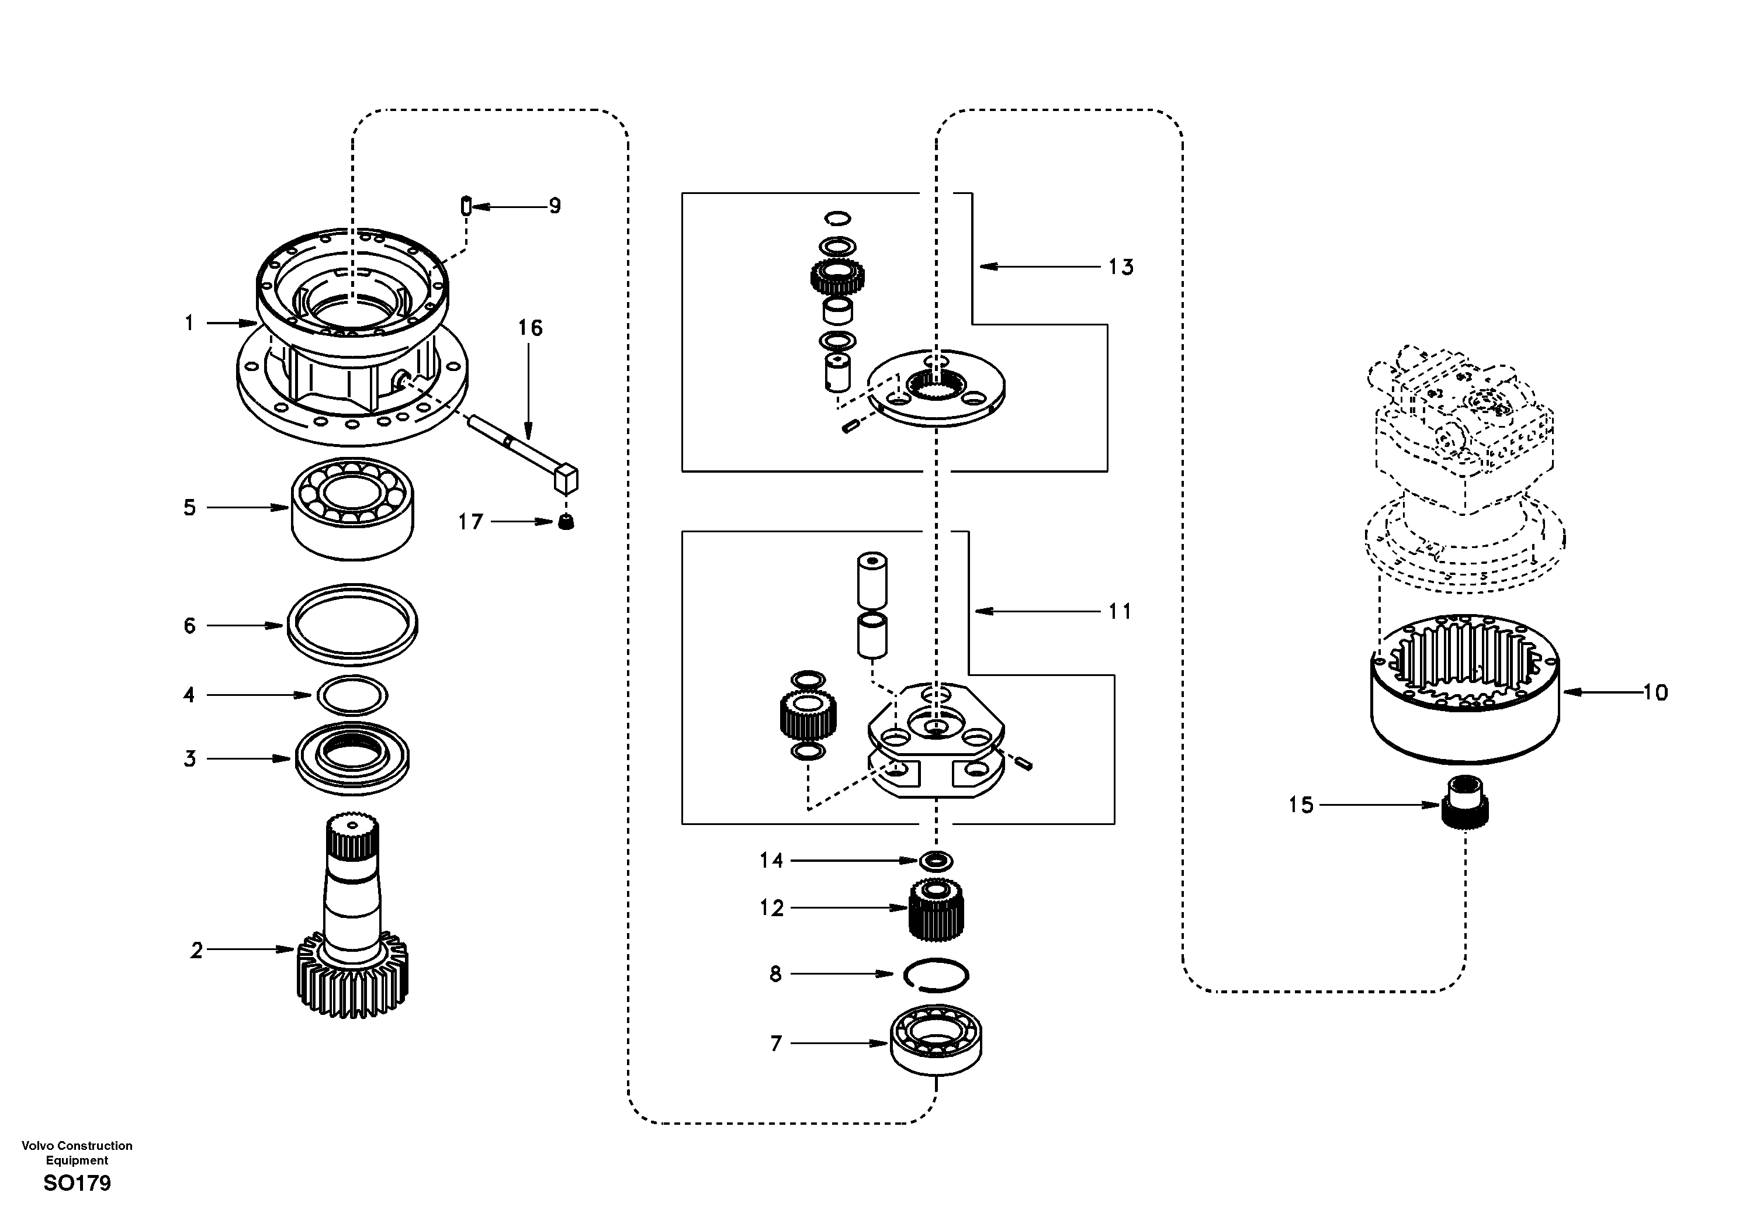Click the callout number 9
coord(555,206)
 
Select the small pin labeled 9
coord(466,205)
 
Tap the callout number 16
coord(530,328)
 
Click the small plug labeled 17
coord(566,521)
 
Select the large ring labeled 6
coord(353,625)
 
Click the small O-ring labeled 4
coord(353,695)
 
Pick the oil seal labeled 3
coord(353,758)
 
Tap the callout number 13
coord(1121,268)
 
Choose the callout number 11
coord(1120,611)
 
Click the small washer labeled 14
coord(936,861)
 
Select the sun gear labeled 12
coord(936,909)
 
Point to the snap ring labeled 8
coord(937,974)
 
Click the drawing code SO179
coord(77,1184)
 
